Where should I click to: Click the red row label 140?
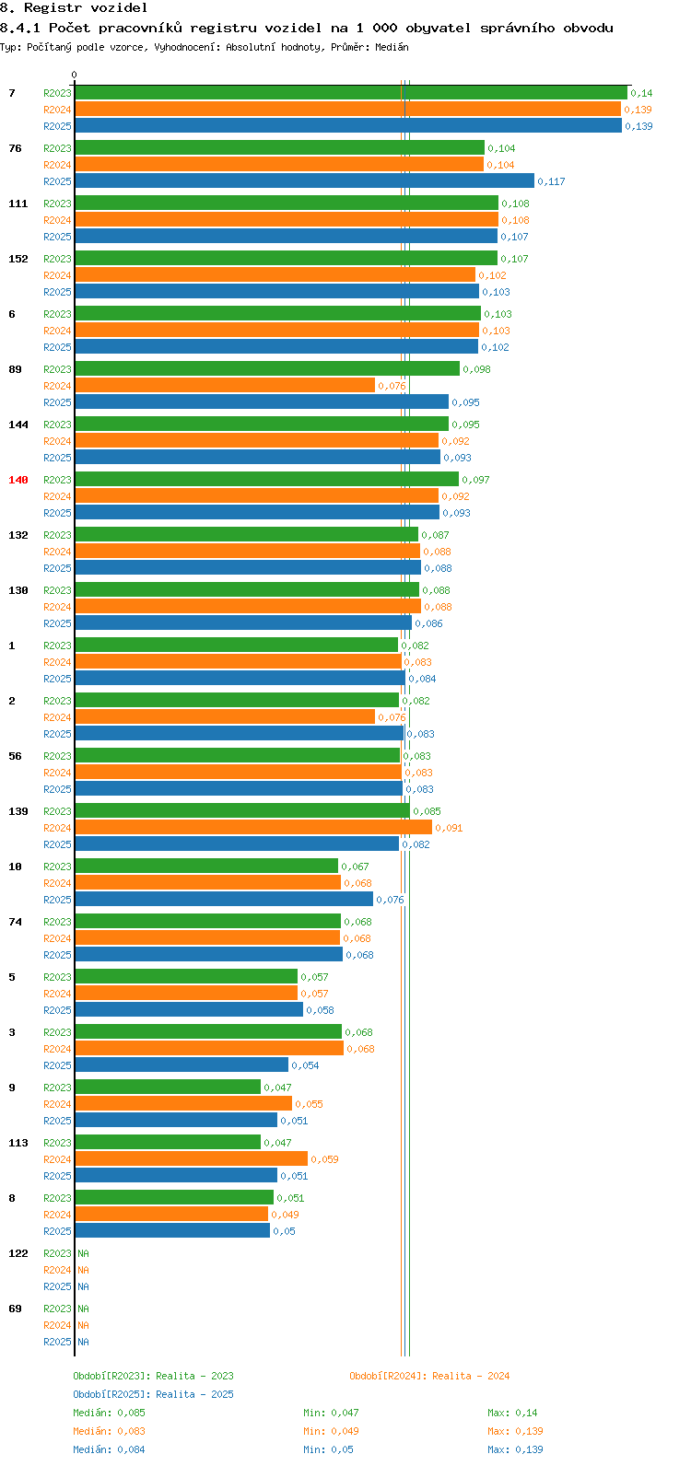[18, 480]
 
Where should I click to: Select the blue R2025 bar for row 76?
[304, 181]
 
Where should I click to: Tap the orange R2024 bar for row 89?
[225, 386]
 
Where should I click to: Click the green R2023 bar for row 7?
[350, 93]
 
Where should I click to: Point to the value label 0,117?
[551, 181]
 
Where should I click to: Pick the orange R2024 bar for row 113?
[191, 1159]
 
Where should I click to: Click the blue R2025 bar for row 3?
[182, 1065]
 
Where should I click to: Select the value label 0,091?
[449, 828]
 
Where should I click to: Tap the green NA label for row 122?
[83, 1253]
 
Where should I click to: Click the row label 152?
[18, 259]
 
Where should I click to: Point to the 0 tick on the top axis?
[75, 75]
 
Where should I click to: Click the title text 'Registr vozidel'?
[86, 7]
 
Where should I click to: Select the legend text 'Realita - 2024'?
[471, 1376]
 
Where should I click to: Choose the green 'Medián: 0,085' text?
[109, 1413]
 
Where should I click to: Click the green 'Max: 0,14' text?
[512, 1413]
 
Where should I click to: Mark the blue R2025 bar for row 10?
[224, 900]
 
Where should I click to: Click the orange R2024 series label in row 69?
[57, 1325]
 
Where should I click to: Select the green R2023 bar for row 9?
[168, 1088]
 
